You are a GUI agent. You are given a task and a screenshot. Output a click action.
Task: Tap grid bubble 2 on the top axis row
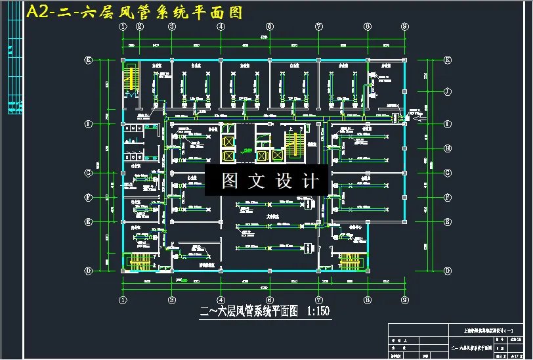pyautogui.click(x=139, y=26)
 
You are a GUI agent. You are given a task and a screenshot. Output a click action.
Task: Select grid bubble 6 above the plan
pyautogui.click(x=269, y=26)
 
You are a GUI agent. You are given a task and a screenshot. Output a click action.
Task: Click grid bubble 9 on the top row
pyautogui.click(x=404, y=26)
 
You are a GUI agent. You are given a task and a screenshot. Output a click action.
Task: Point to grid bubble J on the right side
pyautogui.click(x=448, y=92)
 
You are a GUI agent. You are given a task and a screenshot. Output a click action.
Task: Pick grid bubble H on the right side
pyautogui.click(x=448, y=148)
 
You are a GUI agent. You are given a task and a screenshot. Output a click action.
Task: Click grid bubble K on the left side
pyautogui.click(x=89, y=60)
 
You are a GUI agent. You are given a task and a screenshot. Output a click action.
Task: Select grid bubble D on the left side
pyautogui.click(x=89, y=270)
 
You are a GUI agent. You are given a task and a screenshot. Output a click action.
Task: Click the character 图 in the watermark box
pyautogui.click(x=230, y=181)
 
